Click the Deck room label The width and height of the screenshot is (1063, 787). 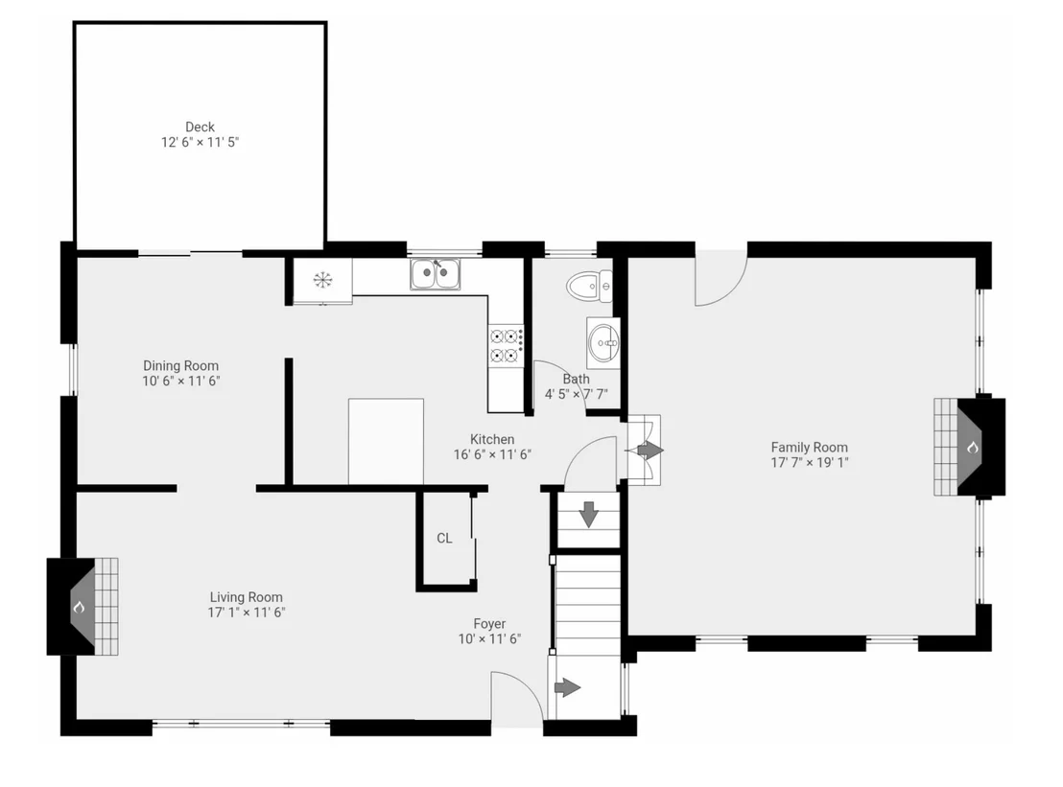pos(200,127)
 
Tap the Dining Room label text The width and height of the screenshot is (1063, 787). pos(181,366)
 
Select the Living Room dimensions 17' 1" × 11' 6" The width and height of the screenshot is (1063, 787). pos(247,613)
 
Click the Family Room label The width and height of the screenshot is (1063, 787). pos(810,447)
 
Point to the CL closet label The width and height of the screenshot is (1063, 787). pos(445,538)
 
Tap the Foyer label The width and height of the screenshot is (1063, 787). pos(489,624)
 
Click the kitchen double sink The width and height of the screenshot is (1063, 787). pos(436,273)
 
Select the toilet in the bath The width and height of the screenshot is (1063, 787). pos(589,287)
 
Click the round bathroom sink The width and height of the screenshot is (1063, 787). pos(603,343)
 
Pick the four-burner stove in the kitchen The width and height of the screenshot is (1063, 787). pos(506,345)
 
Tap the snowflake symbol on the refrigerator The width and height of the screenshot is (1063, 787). pos(322,279)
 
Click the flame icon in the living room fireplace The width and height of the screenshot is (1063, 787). pos(80,607)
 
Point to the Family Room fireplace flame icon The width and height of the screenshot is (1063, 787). pos(972,447)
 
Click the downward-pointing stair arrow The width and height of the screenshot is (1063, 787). pos(588,514)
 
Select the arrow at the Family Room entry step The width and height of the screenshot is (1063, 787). pos(650,449)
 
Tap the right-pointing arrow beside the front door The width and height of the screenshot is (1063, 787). pos(567,688)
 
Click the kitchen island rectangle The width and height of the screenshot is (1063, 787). pos(386,442)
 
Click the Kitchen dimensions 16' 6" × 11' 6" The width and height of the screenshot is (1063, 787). pos(492,454)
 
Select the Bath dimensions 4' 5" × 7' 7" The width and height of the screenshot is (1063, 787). pos(577,394)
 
